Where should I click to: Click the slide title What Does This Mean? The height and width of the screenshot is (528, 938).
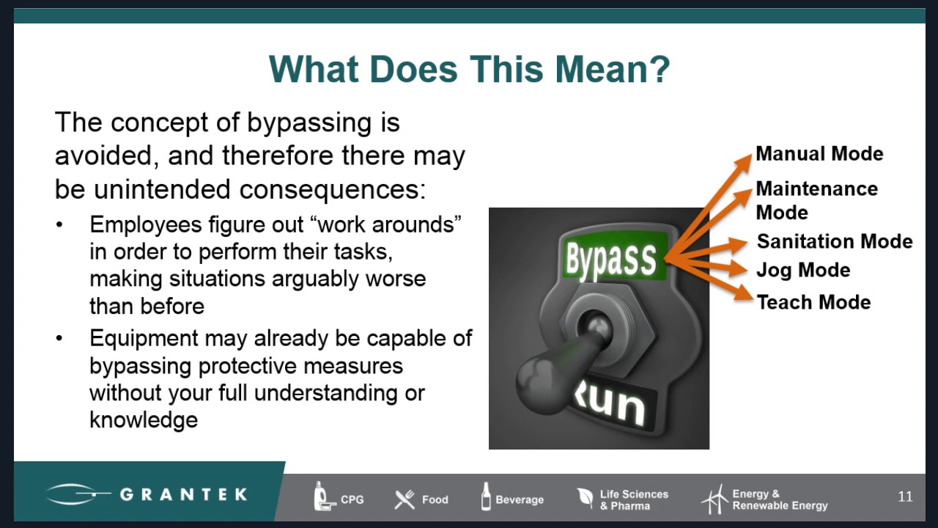(469, 70)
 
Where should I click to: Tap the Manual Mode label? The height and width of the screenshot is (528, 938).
(819, 154)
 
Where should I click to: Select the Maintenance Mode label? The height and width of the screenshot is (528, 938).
(816, 200)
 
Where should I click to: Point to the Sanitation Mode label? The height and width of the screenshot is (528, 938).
(835, 242)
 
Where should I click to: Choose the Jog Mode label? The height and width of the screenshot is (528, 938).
(803, 271)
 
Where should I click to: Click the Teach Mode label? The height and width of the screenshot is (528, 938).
(813, 302)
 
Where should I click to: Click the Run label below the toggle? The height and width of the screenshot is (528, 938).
(608, 400)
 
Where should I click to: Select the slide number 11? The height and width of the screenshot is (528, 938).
(905, 497)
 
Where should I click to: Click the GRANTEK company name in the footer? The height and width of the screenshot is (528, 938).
(183, 494)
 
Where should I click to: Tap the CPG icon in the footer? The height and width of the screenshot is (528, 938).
(322, 496)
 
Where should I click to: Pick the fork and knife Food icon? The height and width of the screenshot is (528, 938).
(405, 499)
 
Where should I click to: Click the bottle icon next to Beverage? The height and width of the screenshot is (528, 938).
(485, 496)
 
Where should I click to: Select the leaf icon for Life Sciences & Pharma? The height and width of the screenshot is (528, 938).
(586, 498)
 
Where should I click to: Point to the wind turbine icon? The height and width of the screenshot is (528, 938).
(714, 499)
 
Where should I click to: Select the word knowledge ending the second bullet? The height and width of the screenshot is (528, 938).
(144, 420)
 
